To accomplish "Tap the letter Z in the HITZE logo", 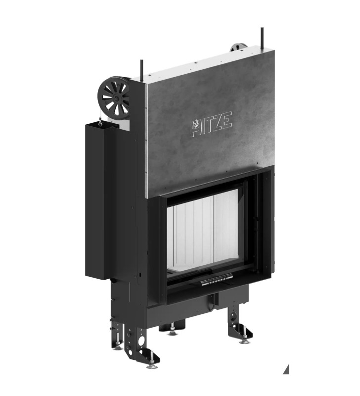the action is coord(218,123).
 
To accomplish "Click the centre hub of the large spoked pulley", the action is coord(116,98).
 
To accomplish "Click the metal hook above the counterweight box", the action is coord(101,122).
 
